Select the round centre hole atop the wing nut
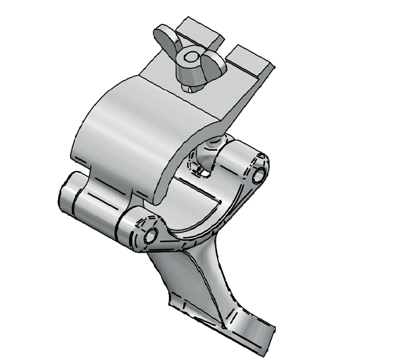pos(188,59)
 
